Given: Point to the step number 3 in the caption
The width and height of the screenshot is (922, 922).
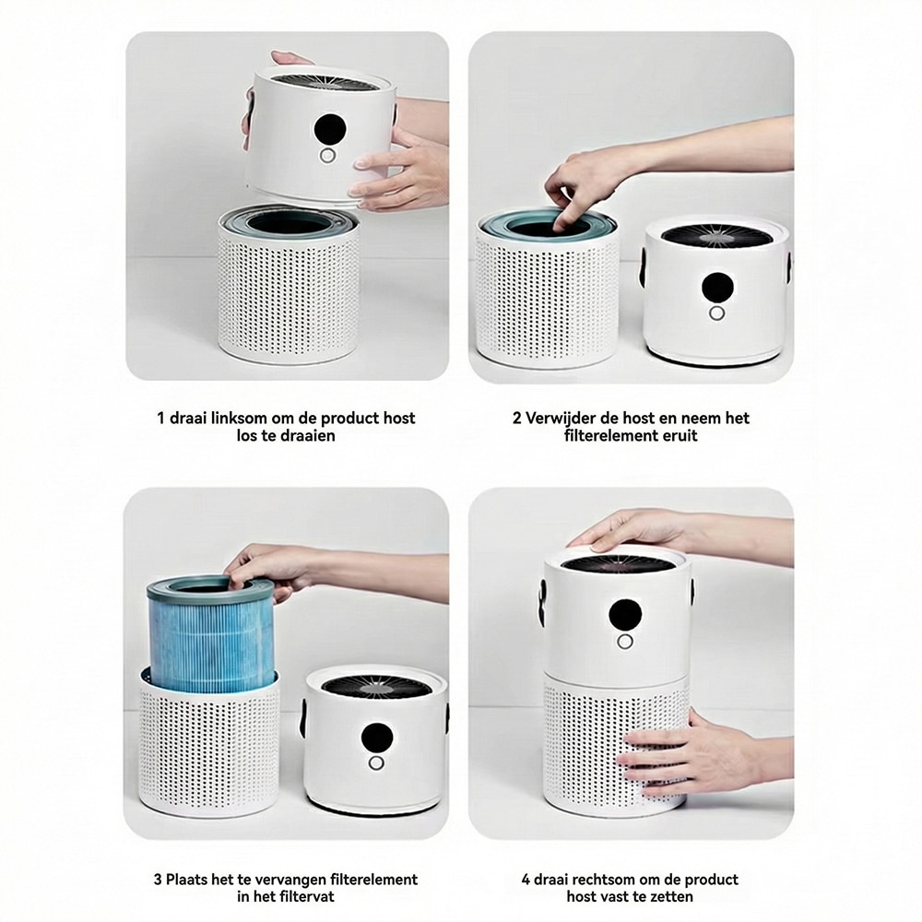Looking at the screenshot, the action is pyautogui.click(x=158, y=880).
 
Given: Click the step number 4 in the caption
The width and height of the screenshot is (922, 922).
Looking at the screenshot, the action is pyautogui.click(x=526, y=880).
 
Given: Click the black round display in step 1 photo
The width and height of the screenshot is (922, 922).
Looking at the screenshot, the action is pyautogui.click(x=329, y=129).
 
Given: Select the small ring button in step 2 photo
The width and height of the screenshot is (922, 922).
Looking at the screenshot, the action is pyautogui.click(x=716, y=313).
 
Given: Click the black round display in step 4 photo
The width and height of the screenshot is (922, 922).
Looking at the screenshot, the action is pyautogui.click(x=625, y=615).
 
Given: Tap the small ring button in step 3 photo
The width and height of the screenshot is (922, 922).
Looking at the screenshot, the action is pyautogui.click(x=376, y=763).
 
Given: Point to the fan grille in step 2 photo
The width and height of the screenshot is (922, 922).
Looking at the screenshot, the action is pyautogui.click(x=716, y=236).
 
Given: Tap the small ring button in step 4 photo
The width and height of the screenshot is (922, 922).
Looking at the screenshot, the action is pyautogui.click(x=625, y=642).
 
